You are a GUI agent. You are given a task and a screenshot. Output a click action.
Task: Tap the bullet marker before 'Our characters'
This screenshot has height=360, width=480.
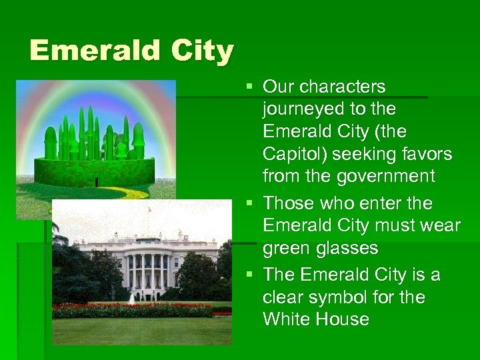coord(249,87)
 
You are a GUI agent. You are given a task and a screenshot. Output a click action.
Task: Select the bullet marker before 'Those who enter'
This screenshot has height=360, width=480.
coord(249,203)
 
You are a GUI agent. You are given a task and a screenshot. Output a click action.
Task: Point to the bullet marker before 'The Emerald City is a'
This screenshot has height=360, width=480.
coord(249,275)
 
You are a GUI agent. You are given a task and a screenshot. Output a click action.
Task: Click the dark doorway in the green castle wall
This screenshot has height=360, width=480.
coord(97,181)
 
